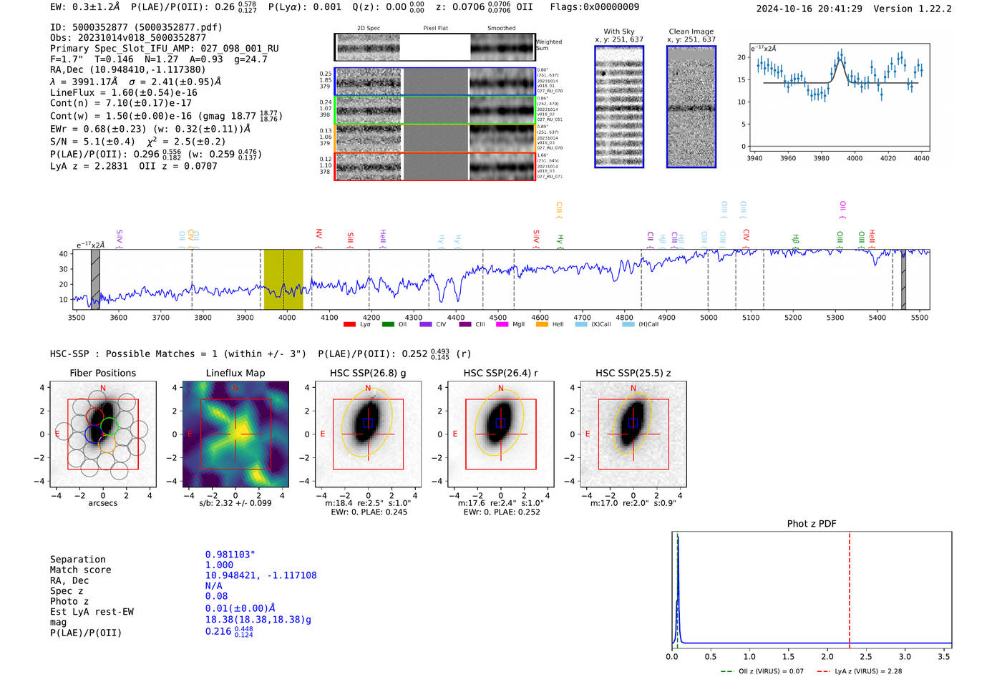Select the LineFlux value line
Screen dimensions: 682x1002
click(123, 92)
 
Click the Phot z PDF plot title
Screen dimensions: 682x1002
click(811, 524)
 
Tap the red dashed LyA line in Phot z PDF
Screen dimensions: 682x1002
click(850, 587)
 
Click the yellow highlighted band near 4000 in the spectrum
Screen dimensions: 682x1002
click(283, 279)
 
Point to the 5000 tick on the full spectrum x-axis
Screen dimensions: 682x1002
click(709, 318)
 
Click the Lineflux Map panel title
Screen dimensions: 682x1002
click(235, 373)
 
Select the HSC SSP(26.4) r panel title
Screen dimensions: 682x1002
click(500, 373)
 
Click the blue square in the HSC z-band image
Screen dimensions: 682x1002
click(633, 422)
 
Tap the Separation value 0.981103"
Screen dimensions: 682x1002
click(230, 555)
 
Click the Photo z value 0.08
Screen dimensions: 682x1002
click(216, 596)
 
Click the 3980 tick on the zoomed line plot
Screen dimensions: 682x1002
click(821, 158)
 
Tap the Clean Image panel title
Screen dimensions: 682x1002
click(691, 31)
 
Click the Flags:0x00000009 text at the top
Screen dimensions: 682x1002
click(594, 7)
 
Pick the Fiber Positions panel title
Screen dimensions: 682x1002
click(102, 373)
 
